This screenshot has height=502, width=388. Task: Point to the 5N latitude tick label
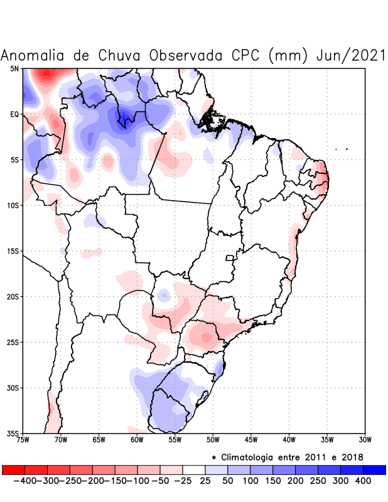(14, 68)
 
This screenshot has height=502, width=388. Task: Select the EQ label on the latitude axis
(14, 114)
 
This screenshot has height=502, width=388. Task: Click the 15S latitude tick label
(13, 251)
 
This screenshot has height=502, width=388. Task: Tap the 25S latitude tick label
(13, 343)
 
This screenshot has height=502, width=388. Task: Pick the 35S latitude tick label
(13, 434)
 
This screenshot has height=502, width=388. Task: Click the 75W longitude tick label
(23, 440)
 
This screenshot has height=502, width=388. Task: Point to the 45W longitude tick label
(251, 440)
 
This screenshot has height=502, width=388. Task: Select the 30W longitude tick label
(365, 440)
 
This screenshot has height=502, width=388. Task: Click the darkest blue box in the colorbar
(374, 469)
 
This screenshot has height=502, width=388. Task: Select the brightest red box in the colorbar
(13, 469)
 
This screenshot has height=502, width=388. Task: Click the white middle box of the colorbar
(194, 469)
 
